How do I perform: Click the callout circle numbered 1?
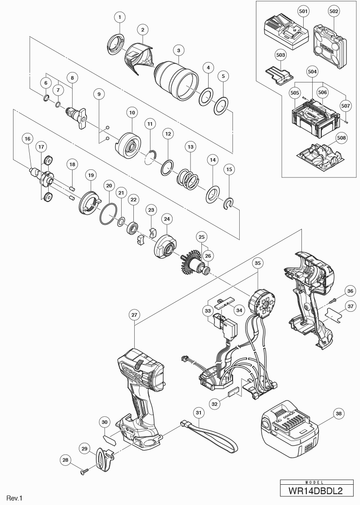click(119, 17)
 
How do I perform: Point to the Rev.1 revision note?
click(14, 498)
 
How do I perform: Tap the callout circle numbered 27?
click(135, 315)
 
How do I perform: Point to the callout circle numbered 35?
click(258, 263)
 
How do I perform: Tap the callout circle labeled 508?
click(342, 137)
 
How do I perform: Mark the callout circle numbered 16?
click(27, 139)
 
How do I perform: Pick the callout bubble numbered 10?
click(132, 112)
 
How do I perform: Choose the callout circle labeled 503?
click(281, 55)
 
